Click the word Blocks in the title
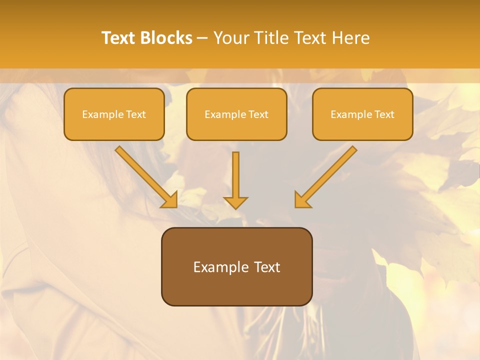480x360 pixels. tap(167, 38)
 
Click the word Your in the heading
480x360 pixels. tap(230, 38)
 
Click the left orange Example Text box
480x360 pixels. tap(114, 114)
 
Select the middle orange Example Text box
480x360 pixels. tap(236, 114)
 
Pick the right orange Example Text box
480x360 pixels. tap(362, 114)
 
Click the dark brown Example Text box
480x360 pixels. tap(236, 266)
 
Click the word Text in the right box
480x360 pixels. tap(384, 114)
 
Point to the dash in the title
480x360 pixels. tap(202, 38)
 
